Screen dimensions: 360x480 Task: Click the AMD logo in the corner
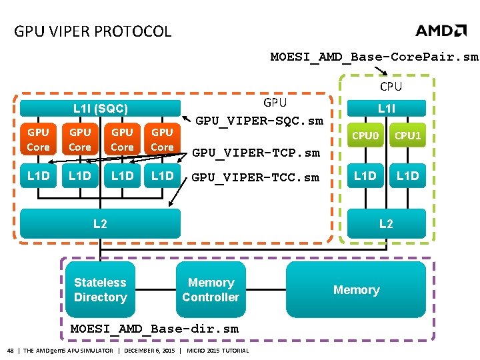pyautogui.click(x=441, y=31)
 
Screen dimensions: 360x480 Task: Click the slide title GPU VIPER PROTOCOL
pyautogui.click(x=93, y=31)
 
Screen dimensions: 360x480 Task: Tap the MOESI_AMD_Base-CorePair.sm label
pyautogui.click(x=374, y=57)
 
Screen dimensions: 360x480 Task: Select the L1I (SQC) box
pyautogui.click(x=101, y=108)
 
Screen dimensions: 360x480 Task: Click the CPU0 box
pyautogui.click(x=365, y=137)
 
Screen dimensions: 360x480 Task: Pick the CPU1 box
pyautogui.click(x=407, y=137)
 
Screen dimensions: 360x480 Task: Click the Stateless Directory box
pyautogui.click(x=100, y=290)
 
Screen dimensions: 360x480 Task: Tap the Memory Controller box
pyautogui.click(x=211, y=290)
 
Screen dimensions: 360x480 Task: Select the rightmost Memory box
pyautogui.click(x=356, y=290)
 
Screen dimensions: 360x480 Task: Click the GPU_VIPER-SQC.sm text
pyautogui.click(x=259, y=121)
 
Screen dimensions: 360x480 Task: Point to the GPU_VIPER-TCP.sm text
pyautogui.click(x=256, y=153)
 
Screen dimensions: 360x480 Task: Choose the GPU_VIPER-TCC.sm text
pyautogui.click(x=256, y=177)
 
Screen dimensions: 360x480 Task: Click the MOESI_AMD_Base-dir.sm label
pyautogui.click(x=154, y=329)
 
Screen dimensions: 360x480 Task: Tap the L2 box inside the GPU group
pyautogui.click(x=100, y=224)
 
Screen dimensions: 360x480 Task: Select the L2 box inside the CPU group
pyautogui.click(x=386, y=224)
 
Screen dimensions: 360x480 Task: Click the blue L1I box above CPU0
pyautogui.click(x=386, y=107)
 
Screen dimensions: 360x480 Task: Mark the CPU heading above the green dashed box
pyautogui.click(x=391, y=86)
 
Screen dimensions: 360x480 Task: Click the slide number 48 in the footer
pyautogui.click(x=10, y=351)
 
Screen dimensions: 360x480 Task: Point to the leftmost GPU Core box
pyautogui.click(x=38, y=139)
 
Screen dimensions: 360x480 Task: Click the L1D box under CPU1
pyautogui.click(x=407, y=176)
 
